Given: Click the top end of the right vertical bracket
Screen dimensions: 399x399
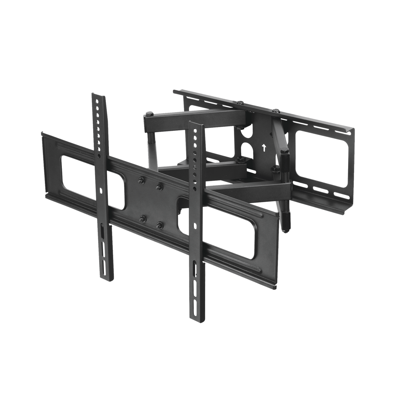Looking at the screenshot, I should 196,123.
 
